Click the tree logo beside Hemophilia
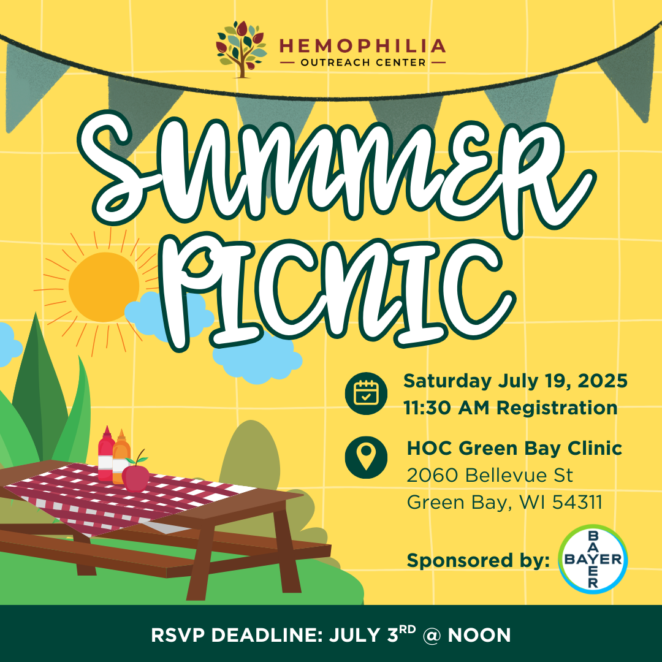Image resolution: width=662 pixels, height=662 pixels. coord(241,50)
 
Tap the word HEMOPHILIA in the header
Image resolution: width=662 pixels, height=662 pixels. coord(362,45)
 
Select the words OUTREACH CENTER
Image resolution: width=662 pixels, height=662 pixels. coord(363,63)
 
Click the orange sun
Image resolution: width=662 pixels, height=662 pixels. coord(104,287)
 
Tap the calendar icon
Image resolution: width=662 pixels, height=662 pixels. coord(366,394)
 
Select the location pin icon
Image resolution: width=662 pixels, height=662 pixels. coord(366,457)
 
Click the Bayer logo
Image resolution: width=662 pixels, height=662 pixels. coord(593,560)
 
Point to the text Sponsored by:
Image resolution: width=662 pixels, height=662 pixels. coord(478,561)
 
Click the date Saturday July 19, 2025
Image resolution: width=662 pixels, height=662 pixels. coord(516,381)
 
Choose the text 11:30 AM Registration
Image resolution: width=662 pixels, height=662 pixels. coord(511,408)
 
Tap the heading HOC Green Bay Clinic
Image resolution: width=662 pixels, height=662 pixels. coord(514,448)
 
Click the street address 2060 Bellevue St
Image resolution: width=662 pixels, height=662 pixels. coord(490,476)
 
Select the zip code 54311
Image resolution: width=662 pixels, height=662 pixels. coord(577,503)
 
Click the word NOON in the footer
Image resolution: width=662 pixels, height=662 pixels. coord(479,636)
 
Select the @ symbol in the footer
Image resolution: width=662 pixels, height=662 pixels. coord(431,636)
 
